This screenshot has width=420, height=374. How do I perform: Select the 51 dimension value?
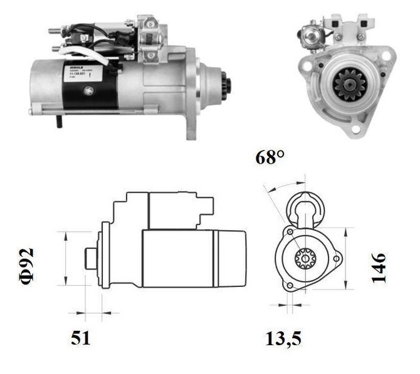[x=80, y=338]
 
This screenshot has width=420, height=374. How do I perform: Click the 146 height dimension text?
[x=379, y=268]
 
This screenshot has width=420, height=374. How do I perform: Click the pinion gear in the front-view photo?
[x=345, y=84]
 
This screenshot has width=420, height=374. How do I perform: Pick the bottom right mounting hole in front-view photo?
[x=357, y=130]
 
